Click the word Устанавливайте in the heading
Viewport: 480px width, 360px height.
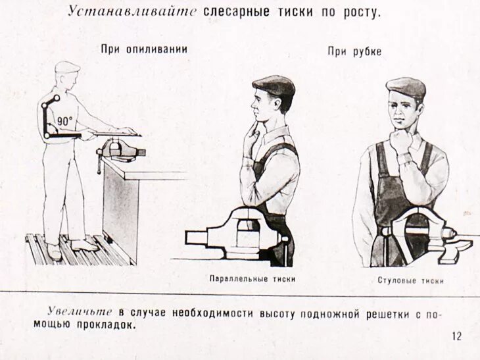click(132, 13)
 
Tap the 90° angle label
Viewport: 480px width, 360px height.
click(64, 121)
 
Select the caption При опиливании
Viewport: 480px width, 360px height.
click(144, 49)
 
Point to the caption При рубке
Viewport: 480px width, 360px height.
click(354, 52)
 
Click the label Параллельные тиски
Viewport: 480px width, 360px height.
click(252, 279)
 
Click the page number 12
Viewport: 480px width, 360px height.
click(457, 336)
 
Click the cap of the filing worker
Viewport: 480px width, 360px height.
click(66, 66)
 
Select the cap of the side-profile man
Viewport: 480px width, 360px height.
click(274, 84)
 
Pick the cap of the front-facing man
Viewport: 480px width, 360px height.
click(406, 86)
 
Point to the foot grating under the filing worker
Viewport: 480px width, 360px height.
click(76, 251)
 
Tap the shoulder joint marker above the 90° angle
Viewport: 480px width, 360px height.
click(56, 98)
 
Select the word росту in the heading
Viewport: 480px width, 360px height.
click(361, 13)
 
